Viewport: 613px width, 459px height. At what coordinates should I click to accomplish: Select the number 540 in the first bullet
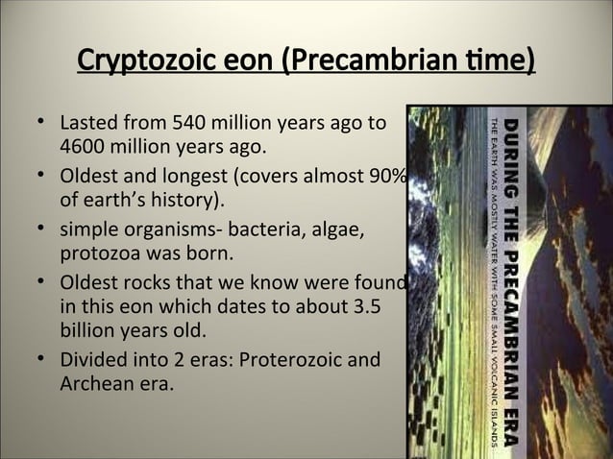(188, 125)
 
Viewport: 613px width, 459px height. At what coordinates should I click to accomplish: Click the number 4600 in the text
(82, 149)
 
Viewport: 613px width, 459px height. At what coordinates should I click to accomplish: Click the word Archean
(94, 386)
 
